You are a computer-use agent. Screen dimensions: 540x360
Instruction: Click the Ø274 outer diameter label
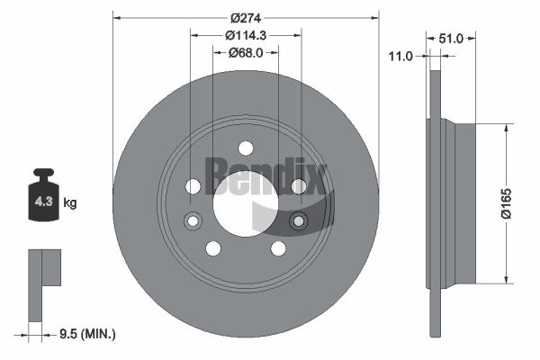(246, 18)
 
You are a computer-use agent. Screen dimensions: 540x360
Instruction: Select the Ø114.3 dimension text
(246, 35)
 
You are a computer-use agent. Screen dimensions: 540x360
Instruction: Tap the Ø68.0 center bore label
(246, 53)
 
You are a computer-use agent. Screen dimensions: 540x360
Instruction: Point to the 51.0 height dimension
(451, 39)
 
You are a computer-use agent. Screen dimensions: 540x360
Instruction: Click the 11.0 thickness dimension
(400, 56)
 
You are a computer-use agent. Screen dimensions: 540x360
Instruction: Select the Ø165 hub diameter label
(506, 203)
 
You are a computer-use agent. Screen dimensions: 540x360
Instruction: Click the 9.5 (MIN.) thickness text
(87, 334)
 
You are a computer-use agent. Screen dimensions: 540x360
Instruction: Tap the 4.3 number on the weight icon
(43, 202)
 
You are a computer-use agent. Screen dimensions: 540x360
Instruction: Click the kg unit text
(70, 202)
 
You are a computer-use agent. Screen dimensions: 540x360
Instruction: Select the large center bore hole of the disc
(246, 204)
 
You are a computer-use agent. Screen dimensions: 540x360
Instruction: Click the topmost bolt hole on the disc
(246, 148)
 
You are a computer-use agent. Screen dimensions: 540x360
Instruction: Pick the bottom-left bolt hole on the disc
(213, 248)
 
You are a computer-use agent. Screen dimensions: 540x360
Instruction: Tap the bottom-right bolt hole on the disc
(278, 248)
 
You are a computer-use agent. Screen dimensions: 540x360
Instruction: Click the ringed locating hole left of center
(193, 220)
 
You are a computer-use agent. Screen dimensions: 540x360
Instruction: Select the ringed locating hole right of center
(299, 220)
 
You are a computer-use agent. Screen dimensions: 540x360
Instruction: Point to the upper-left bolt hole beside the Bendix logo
(193, 186)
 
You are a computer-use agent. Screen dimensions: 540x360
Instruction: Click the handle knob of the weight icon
(43, 172)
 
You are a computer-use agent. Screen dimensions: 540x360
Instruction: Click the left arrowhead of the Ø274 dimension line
(117, 18)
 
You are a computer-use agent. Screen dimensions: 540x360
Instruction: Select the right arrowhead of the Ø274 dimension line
(374, 18)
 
